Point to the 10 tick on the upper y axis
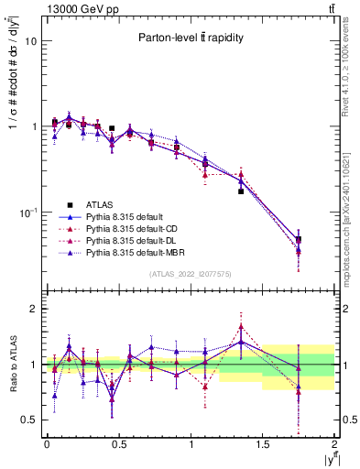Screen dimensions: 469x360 [30, 42]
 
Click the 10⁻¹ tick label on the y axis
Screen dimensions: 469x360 [27, 212]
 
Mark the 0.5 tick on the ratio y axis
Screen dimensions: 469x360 [28, 420]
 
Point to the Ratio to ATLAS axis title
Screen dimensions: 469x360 [12, 364]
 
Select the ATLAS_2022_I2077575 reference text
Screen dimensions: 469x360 [191, 273]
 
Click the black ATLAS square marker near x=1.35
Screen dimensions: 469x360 [241, 191]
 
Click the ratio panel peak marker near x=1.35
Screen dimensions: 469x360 [241, 326]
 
